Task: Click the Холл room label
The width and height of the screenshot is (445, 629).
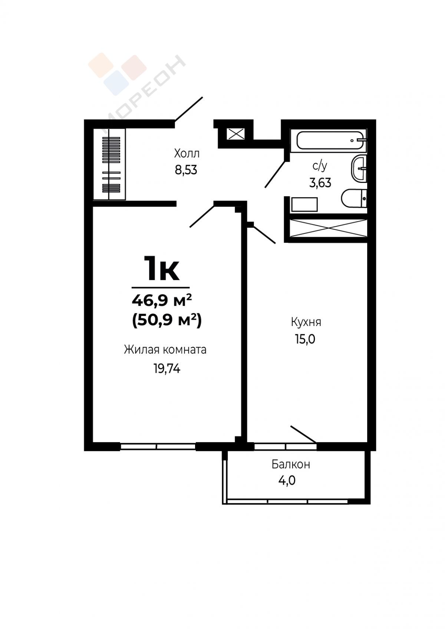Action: [x=187, y=154]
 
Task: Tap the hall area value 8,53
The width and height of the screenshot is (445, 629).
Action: [x=186, y=170]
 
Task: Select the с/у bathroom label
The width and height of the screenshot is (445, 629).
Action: [x=320, y=167]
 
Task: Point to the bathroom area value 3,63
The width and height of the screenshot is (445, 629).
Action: [x=320, y=183]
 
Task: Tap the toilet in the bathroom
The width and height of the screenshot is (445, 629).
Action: [x=354, y=198]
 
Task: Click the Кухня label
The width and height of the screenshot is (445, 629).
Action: [x=306, y=322]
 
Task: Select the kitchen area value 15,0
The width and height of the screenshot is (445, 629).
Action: [x=305, y=339]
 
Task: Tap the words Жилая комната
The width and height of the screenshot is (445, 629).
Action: [x=165, y=350]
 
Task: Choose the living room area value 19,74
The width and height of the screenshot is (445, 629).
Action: [x=167, y=368]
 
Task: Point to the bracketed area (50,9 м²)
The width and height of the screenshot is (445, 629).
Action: [x=167, y=320]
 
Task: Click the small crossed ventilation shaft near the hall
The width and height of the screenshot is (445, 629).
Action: [x=235, y=134]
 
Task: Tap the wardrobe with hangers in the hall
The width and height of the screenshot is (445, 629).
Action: [x=109, y=164]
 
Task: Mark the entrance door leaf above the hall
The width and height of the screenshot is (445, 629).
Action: [x=188, y=109]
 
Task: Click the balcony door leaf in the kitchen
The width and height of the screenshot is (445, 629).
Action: [x=303, y=434]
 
